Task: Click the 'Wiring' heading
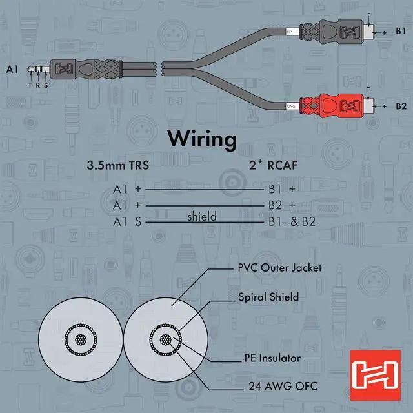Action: point(202,139)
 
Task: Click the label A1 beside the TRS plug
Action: point(12,68)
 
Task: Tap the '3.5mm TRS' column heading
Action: point(118,165)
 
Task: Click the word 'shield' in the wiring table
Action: point(202,217)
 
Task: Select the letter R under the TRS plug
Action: point(37,85)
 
